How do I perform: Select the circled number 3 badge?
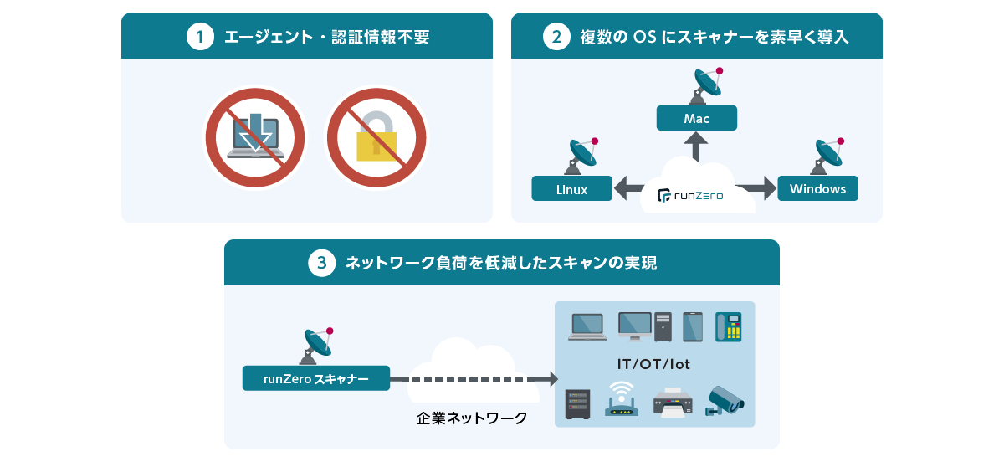click(322, 264)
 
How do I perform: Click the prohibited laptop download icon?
click(255, 138)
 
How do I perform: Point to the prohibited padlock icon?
click(376, 138)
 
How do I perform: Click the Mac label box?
click(697, 118)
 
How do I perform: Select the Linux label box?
click(572, 189)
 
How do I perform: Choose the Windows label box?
click(818, 188)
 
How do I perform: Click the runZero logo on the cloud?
click(690, 196)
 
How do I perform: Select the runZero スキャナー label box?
click(316, 378)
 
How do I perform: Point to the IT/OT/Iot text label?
click(654, 365)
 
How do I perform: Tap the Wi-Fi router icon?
click(621, 400)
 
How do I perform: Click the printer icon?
click(673, 403)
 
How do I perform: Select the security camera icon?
click(724, 400)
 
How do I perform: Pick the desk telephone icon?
click(729, 326)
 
